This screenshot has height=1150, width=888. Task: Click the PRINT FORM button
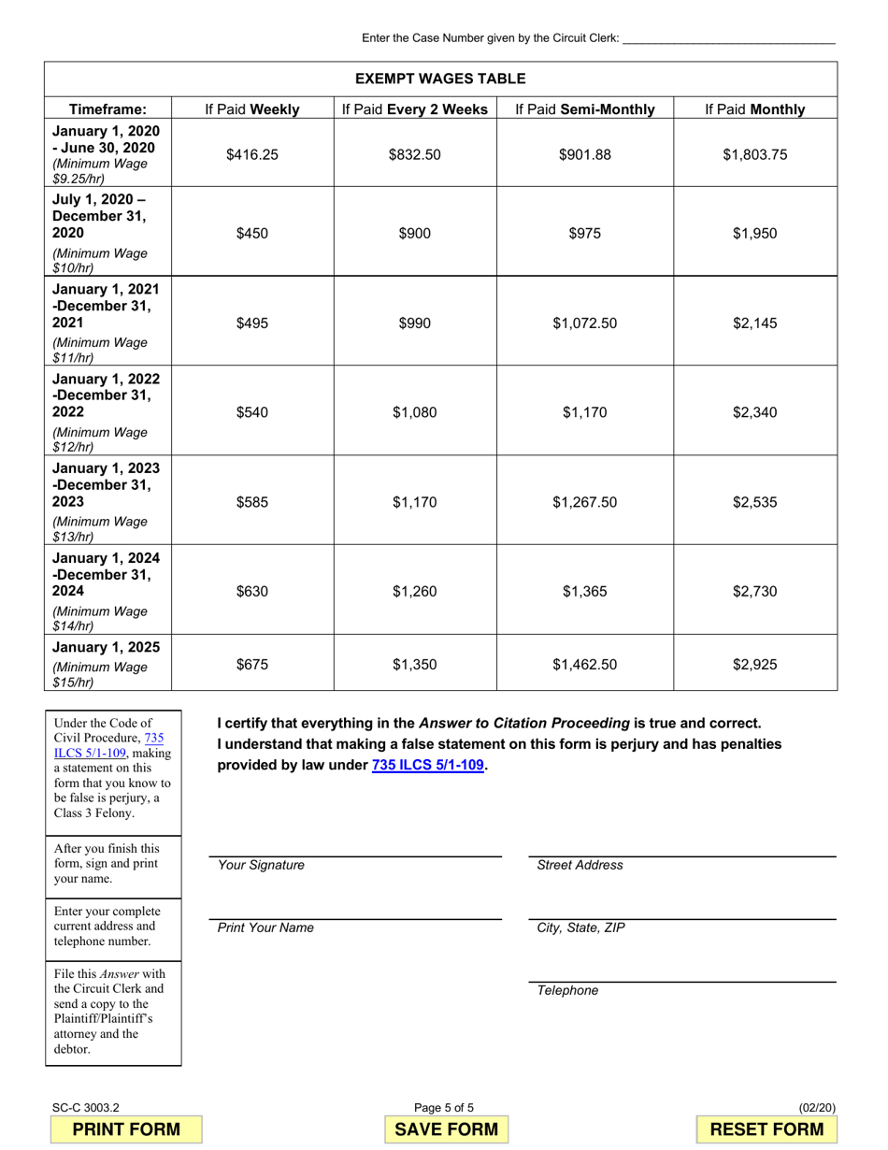(126, 1128)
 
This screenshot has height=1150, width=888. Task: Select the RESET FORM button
(767, 1128)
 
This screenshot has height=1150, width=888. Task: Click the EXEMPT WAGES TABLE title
(440, 79)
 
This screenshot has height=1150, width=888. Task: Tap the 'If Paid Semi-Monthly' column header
(585, 109)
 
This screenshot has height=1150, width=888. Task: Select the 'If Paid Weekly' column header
(252, 109)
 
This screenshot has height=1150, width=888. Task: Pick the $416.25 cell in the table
(252, 155)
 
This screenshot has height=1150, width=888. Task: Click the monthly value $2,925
(754, 666)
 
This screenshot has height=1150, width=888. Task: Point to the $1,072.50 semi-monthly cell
(585, 323)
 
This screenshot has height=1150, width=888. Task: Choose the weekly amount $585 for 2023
(252, 502)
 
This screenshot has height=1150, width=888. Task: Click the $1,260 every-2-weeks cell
(414, 591)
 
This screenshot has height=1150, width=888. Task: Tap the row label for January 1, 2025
(106, 648)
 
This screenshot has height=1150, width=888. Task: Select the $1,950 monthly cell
(754, 234)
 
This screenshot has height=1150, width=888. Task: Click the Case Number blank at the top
(728, 37)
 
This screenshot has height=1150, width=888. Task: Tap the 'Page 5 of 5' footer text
(444, 1108)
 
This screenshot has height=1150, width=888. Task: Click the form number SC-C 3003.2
(86, 1108)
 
